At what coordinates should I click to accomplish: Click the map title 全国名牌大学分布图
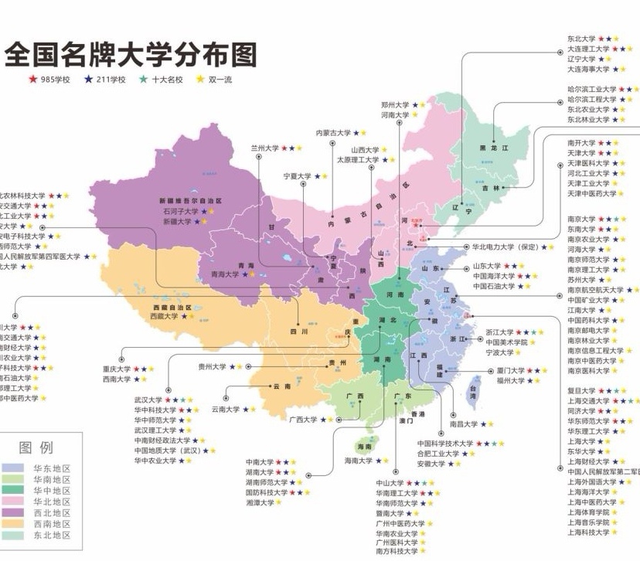coord(131,54)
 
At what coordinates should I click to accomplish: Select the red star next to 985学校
coord(33,80)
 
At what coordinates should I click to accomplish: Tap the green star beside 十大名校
coord(143,80)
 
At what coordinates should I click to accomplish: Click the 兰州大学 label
coord(264,147)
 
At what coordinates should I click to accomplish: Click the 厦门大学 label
coord(511,371)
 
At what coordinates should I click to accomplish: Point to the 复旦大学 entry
coord(581,391)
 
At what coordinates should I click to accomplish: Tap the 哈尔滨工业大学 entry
coord(591,90)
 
